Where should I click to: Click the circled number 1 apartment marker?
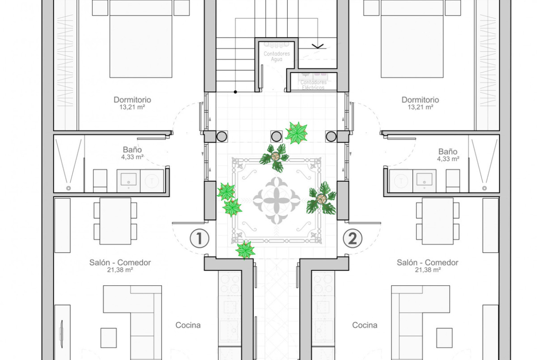[200, 238]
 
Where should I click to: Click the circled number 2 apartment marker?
[352, 238]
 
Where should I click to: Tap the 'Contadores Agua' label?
[277, 56]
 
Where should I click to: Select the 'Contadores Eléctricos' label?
[313, 85]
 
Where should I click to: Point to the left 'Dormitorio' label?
[132, 100]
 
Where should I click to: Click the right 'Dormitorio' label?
[420, 100]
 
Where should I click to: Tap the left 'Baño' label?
[132, 150]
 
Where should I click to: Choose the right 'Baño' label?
[448, 151]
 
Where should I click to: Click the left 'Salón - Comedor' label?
[120, 262]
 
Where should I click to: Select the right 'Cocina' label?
[365, 325]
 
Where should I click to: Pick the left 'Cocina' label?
[188, 325]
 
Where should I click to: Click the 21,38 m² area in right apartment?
[428, 270]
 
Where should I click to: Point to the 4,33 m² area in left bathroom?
[132, 157]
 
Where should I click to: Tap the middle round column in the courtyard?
[276, 137]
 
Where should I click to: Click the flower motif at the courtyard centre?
[277, 200]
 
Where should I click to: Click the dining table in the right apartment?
[438, 221]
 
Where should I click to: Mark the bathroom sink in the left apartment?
[129, 180]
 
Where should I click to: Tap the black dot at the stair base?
[235, 92]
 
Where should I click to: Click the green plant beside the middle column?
[296, 133]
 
